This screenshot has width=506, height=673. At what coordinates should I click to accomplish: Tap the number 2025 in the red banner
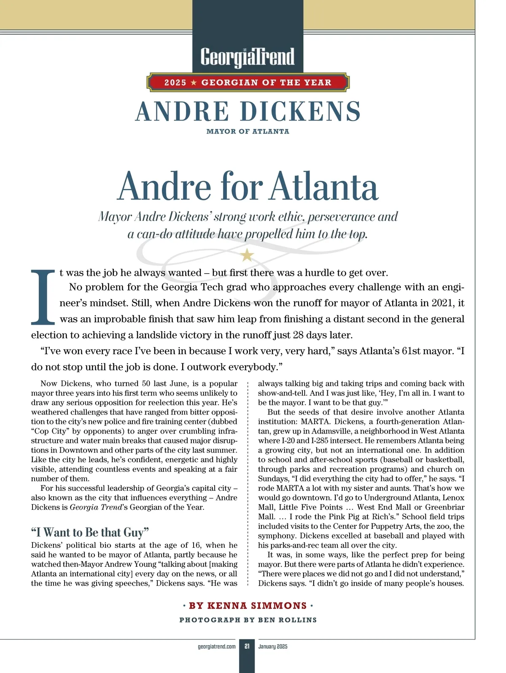click(175, 83)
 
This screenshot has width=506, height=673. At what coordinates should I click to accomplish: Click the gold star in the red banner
click(194, 83)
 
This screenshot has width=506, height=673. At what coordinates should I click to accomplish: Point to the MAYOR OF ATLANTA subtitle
click(248, 132)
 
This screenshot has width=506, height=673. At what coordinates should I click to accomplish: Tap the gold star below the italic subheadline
click(247, 255)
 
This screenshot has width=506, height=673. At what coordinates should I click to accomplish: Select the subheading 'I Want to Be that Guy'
click(90, 532)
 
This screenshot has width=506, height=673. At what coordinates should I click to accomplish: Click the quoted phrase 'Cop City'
click(50, 431)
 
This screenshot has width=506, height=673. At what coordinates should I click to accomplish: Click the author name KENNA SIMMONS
click(248, 606)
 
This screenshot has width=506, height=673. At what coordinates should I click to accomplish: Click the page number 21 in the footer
click(247, 646)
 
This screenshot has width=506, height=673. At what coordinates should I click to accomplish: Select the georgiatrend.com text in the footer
click(217, 646)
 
